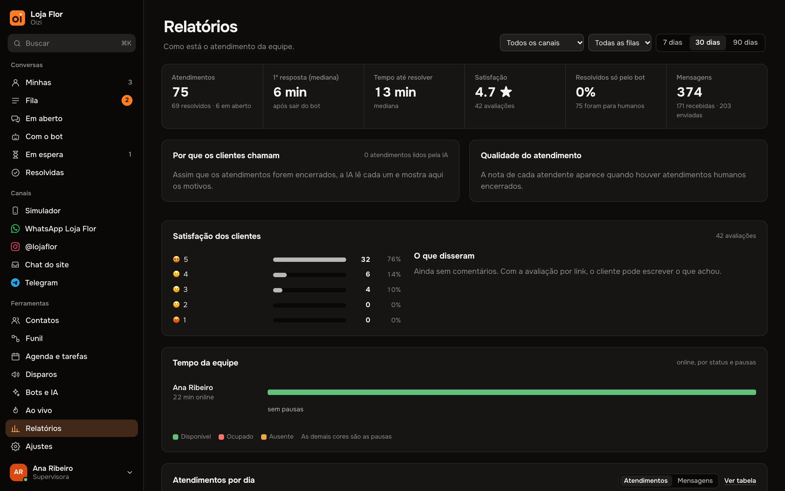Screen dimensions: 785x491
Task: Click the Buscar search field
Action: click(71, 43)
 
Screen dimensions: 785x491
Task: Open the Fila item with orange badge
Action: click(71, 100)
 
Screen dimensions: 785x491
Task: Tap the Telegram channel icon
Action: click(15, 283)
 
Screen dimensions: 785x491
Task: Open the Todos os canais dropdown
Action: click(542, 43)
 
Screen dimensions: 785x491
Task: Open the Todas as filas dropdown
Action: click(620, 43)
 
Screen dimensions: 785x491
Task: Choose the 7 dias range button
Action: click(672, 43)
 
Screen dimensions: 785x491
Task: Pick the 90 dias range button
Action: click(745, 43)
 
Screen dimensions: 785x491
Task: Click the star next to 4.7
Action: click(506, 92)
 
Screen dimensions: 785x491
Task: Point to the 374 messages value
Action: click(689, 92)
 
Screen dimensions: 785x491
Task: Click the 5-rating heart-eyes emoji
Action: click(176, 259)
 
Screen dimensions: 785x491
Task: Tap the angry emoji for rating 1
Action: click(176, 320)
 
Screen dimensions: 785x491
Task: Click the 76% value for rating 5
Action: click(394, 259)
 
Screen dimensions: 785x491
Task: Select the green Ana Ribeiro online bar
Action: click(512, 392)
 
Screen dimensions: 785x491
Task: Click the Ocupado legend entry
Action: click(236, 437)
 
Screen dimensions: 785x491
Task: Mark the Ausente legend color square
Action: click(264, 437)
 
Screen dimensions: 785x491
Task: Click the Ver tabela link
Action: click(740, 481)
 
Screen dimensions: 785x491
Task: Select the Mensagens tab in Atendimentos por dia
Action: click(695, 481)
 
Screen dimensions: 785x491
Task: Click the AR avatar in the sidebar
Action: click(19, 472)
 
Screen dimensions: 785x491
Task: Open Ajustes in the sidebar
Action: click(71, 446)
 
